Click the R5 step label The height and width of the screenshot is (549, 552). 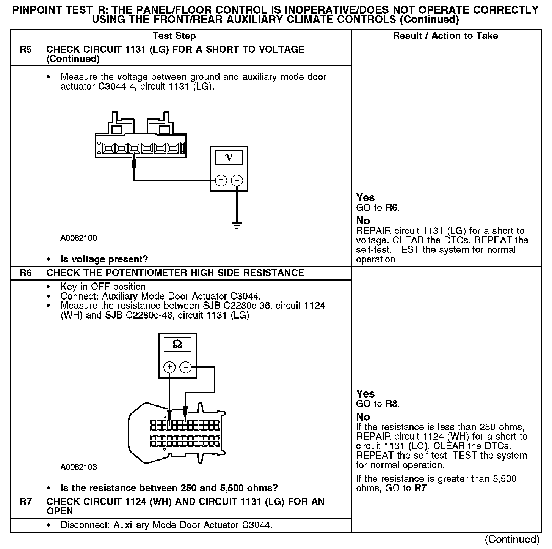26,50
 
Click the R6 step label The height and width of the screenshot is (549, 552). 26,273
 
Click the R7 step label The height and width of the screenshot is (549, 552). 26,502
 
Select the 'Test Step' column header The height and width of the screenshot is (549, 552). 174,36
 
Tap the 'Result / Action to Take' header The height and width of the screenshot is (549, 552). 445,36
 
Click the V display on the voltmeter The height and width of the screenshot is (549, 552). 229,157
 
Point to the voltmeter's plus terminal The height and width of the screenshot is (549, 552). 221,180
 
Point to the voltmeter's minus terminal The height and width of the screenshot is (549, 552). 237,180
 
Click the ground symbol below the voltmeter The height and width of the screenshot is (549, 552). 237,226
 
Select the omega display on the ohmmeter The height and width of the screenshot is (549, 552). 177,344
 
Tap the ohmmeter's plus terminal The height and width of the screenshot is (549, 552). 169,367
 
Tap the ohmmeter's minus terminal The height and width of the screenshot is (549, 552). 185,367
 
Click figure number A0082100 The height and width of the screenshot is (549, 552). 78,238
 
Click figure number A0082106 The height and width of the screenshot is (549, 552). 78,467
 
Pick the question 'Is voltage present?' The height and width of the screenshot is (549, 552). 104,259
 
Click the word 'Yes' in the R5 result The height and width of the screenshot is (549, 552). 365,197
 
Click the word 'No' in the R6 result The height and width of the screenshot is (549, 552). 363,417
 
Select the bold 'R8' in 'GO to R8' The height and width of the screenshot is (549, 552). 392,404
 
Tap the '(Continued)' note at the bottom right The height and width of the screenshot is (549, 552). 512,539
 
